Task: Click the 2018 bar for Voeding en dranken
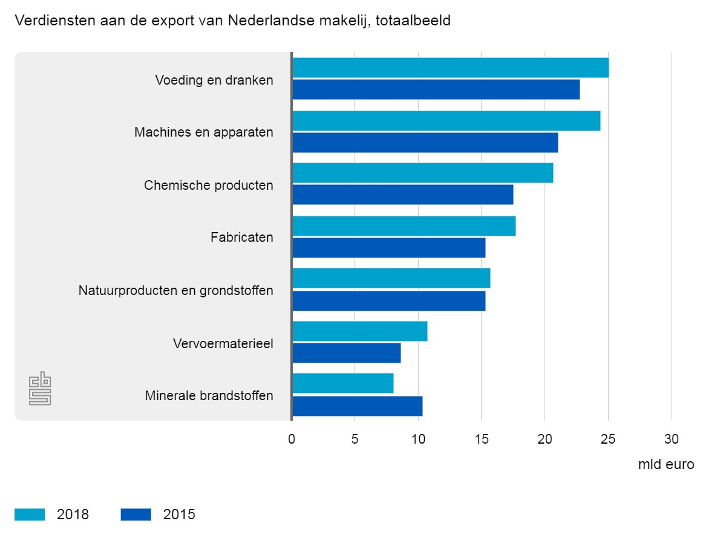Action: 450,68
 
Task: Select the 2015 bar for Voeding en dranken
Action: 436,89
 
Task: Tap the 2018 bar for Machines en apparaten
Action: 446,121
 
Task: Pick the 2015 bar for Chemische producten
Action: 402,195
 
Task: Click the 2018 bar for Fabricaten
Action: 404,226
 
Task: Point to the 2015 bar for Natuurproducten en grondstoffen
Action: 388,301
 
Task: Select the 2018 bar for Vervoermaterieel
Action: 359,331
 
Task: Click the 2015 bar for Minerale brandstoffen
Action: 357,406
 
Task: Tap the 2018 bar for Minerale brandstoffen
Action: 342,383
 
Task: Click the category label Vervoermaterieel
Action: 223,344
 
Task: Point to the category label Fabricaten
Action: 241,238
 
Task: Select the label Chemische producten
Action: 208,185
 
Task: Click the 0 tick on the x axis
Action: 292,439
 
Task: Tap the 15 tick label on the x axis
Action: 481,439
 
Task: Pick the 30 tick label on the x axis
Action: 672,439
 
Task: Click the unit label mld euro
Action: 665,465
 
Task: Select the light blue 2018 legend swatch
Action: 30,514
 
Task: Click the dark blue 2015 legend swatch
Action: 136,514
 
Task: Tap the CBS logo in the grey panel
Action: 41,388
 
